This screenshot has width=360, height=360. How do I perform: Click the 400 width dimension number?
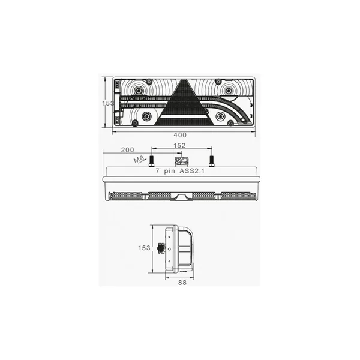(x=180, y=135)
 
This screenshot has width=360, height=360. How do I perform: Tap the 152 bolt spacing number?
(x=179, y=146)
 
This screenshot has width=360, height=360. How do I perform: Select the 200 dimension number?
(x=127, y=150)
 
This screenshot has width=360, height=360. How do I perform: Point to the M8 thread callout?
(x=139, y=159)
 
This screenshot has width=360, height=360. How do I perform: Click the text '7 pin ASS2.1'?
(x=180, y=171)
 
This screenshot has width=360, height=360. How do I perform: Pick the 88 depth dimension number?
(x=182, y=283)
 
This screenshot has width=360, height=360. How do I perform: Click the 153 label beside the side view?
(x=144, y=248)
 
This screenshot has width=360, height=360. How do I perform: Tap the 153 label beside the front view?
(x=108, y=103)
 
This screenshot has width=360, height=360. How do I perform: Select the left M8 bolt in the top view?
(x=152, y=161)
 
